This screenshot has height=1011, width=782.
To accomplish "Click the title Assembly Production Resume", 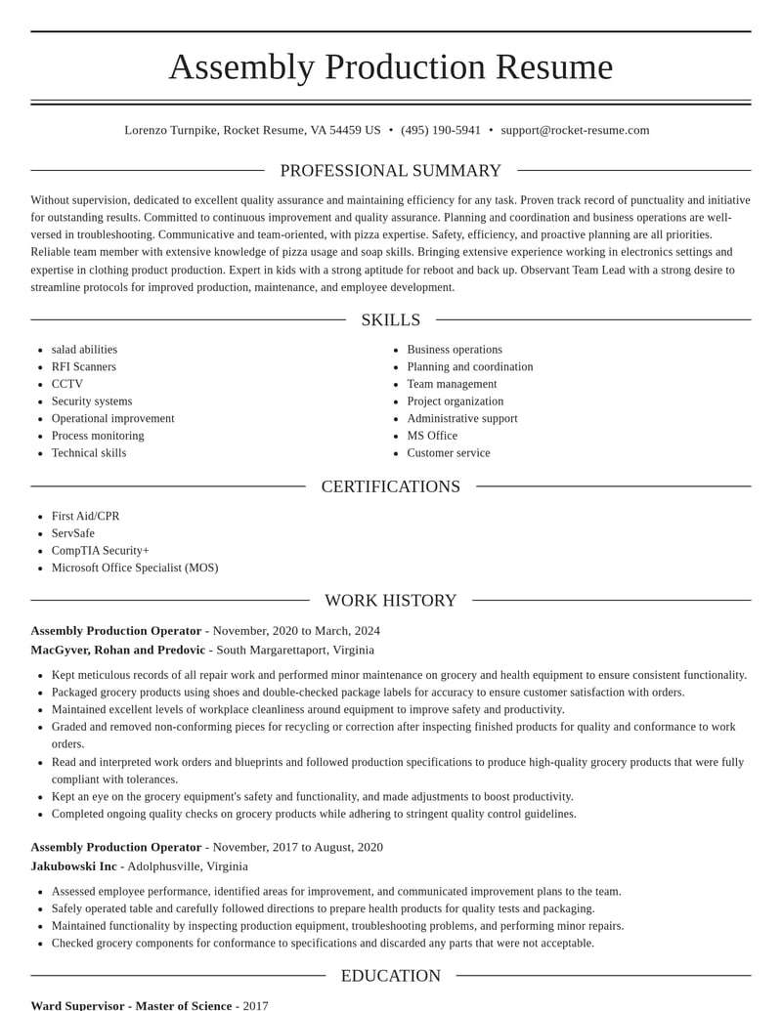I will (390, 66).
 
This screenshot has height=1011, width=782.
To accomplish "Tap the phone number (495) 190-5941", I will (440, 130).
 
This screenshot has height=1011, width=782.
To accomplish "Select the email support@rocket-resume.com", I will (575, 130).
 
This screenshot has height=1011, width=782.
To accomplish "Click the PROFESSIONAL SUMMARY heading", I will (390, 171).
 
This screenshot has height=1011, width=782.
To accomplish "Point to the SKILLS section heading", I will (390, 320).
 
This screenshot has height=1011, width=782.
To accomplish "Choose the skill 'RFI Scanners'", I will (83, 367).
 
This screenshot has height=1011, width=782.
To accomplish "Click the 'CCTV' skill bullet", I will (66, 384).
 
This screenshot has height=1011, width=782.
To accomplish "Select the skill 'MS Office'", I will (431, 436).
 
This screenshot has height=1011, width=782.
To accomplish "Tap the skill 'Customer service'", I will (448, 453).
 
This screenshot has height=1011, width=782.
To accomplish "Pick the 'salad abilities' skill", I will (84, 350).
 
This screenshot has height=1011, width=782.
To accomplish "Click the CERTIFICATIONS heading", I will (390, 486).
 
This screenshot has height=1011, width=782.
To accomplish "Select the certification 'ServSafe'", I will (72, 533).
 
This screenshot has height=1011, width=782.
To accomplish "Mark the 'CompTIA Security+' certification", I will (100, 551).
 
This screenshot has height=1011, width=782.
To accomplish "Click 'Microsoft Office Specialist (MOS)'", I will (134, 568).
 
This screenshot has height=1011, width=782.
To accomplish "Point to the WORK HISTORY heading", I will (390, 601).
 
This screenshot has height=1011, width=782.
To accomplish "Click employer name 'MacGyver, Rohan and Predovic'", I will (117, 650).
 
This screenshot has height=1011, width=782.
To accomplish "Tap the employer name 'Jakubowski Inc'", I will (73, 866).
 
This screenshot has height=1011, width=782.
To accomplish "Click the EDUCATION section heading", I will (390, 976).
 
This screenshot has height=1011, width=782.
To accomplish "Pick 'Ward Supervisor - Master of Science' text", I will (131, 1005).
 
